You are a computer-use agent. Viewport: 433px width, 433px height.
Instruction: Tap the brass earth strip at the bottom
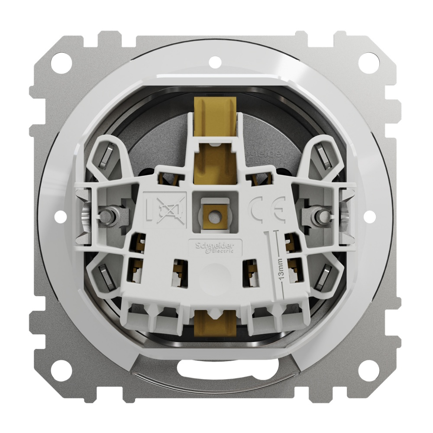click(213, 323)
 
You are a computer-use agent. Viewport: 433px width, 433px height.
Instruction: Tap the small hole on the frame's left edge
click(60, 216)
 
